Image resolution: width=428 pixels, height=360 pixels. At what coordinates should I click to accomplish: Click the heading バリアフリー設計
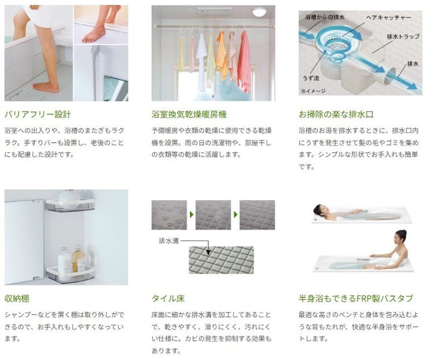38,114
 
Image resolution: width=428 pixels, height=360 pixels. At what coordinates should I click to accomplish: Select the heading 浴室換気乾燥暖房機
189,114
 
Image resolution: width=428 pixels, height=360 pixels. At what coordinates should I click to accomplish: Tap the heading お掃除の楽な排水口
336,114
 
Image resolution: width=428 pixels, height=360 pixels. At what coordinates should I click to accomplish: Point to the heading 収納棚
17,298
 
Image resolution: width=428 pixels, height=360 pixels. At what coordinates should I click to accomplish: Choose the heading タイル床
168,298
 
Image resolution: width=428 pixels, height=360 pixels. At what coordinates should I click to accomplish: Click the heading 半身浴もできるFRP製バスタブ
356,298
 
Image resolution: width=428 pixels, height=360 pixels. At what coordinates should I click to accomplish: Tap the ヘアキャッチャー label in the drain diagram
389,18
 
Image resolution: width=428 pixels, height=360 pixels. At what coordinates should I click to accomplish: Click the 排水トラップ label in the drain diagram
403,36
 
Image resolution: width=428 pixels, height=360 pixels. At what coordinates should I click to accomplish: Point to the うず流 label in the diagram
311,78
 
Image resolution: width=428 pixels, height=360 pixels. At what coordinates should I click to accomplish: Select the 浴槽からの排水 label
325,17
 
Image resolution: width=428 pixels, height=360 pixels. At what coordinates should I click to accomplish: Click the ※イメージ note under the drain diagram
313,91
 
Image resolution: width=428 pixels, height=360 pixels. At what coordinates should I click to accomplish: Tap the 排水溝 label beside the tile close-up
169,241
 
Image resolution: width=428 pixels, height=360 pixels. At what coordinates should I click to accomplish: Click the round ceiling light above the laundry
259,12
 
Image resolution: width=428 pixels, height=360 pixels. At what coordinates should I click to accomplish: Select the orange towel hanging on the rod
222,55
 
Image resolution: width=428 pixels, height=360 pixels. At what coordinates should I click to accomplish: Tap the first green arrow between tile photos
191,214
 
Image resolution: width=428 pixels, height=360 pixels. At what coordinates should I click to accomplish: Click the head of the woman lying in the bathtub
319,210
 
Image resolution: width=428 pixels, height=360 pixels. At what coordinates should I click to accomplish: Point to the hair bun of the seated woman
402,233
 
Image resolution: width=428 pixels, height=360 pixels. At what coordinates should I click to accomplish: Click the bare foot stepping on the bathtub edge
94,35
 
